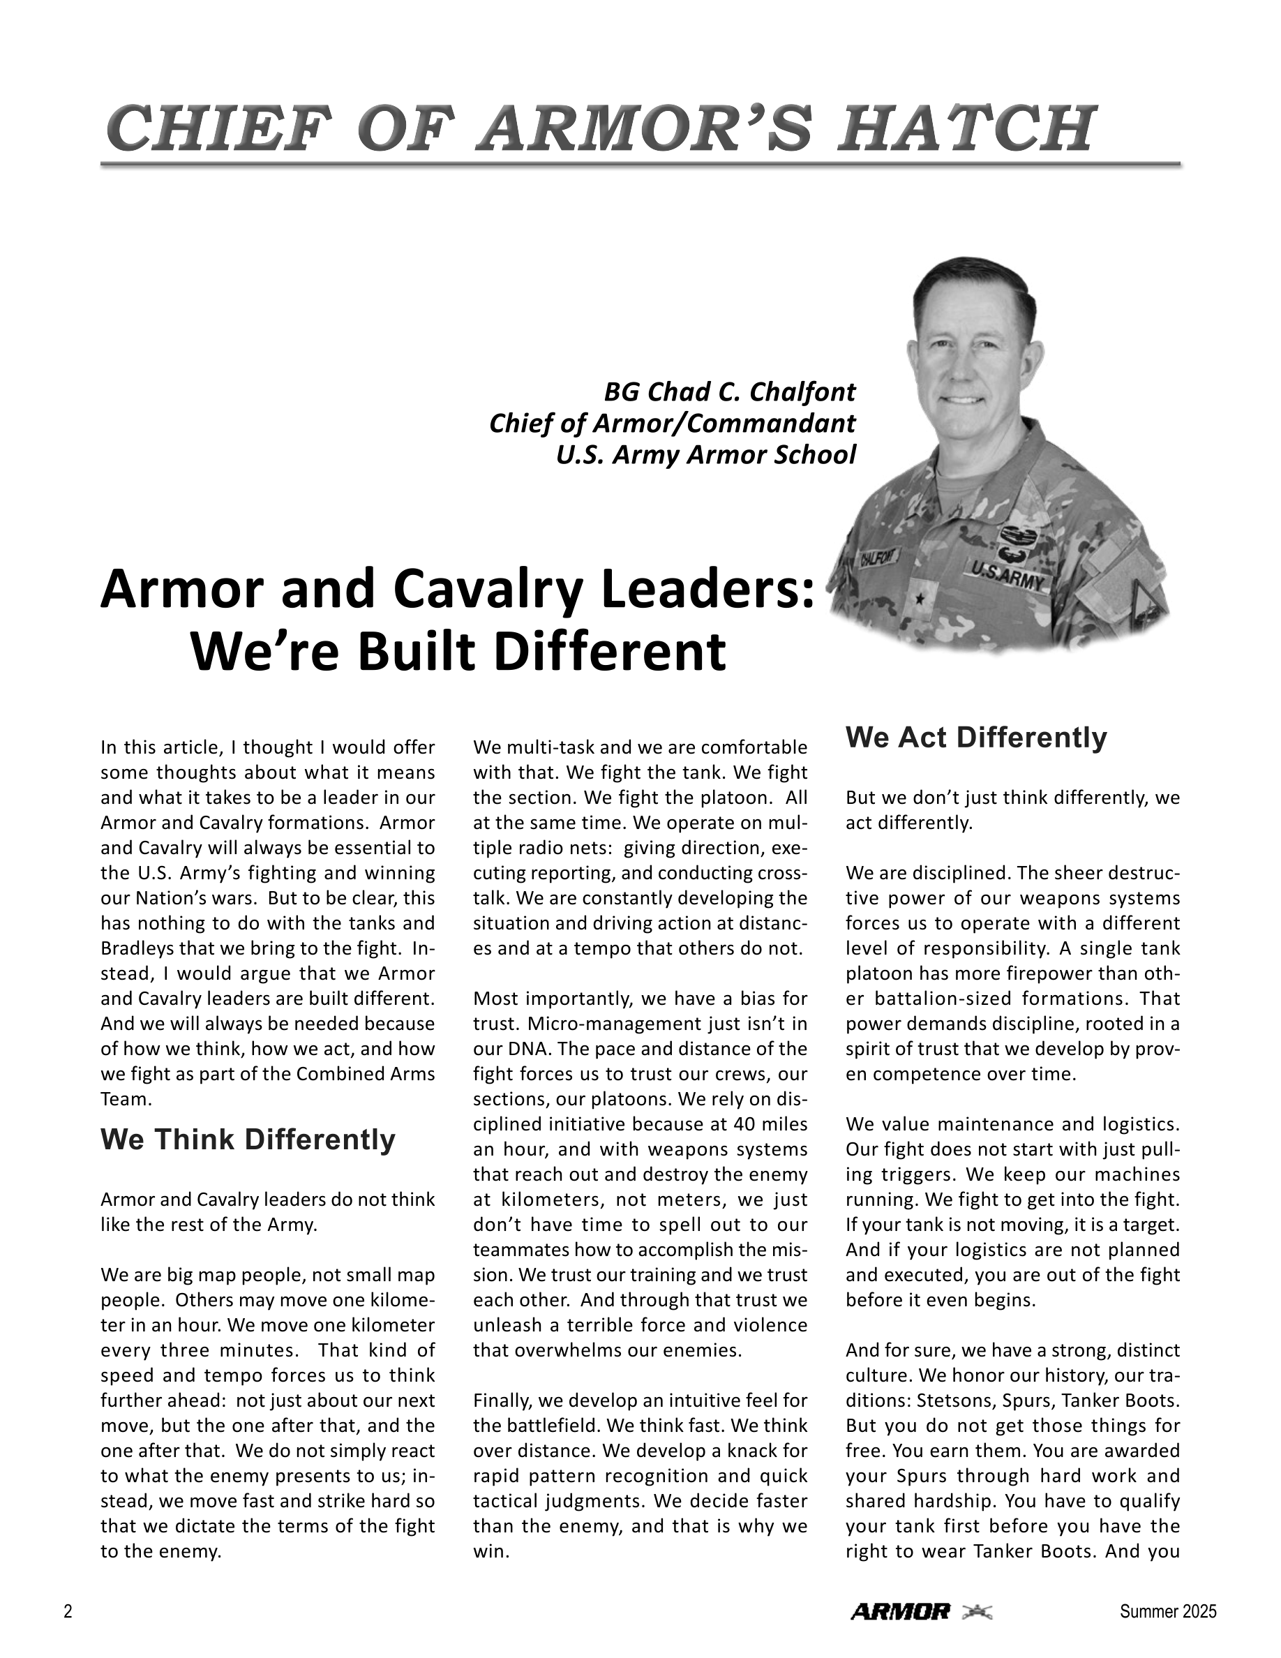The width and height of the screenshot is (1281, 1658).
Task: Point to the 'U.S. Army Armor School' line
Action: [706, 455]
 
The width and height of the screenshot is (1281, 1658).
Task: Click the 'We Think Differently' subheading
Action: [248, 1139]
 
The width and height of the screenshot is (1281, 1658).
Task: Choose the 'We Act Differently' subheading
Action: [976, 736]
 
